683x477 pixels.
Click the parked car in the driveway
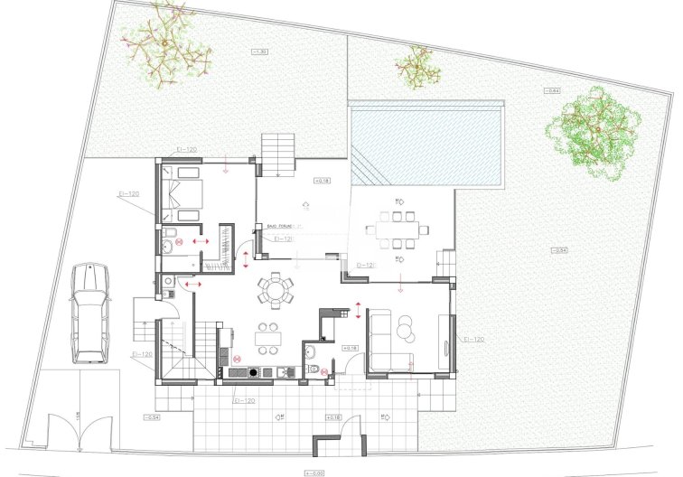[x=89, y=313]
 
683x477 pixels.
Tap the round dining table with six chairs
[x=276, y=290]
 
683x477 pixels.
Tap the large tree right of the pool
[x=594, y=134]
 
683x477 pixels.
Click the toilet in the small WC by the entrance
[x=313, y=369]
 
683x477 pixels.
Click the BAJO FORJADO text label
[x=283, y=227]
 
